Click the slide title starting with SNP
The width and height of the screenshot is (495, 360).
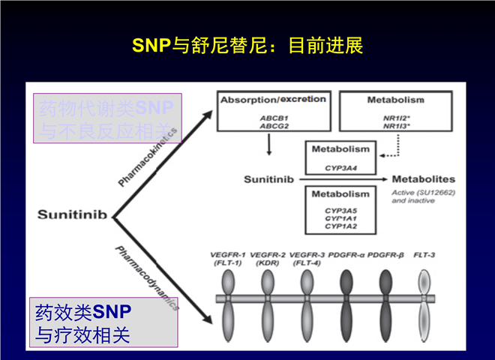(247, 45)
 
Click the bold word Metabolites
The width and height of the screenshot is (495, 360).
(424, 180)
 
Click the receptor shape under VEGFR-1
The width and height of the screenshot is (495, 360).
(229, 299)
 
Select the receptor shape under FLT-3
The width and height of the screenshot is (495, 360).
(424, 299)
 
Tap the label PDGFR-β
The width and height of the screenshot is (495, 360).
(386, 255)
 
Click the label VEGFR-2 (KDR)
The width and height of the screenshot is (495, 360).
(268, 259)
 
